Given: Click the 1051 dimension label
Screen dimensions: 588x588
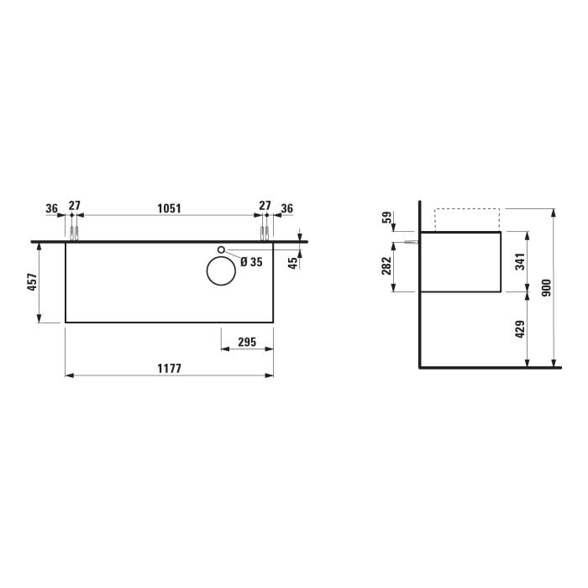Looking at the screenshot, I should (170, 207).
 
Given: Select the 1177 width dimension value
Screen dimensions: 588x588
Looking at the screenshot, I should (169, 368).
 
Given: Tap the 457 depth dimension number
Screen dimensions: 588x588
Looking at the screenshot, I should (32, 282).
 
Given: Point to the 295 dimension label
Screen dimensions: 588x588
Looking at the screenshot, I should (247, 343).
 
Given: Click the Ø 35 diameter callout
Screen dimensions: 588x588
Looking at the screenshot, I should (251, 262).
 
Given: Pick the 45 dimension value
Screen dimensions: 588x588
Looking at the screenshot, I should (293, 261).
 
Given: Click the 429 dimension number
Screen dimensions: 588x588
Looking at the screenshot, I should (520, 330).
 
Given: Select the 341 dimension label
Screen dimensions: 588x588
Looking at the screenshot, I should (520, 262).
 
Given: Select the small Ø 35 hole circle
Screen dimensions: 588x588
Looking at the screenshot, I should (222, 249).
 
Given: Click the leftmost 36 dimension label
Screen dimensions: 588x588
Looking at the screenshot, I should (51, 207).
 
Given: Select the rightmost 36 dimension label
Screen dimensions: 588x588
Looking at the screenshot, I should (287, 207).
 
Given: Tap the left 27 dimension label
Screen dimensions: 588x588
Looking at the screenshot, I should (75, 207).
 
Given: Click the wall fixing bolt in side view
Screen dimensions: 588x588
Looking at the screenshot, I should (411, 241).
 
